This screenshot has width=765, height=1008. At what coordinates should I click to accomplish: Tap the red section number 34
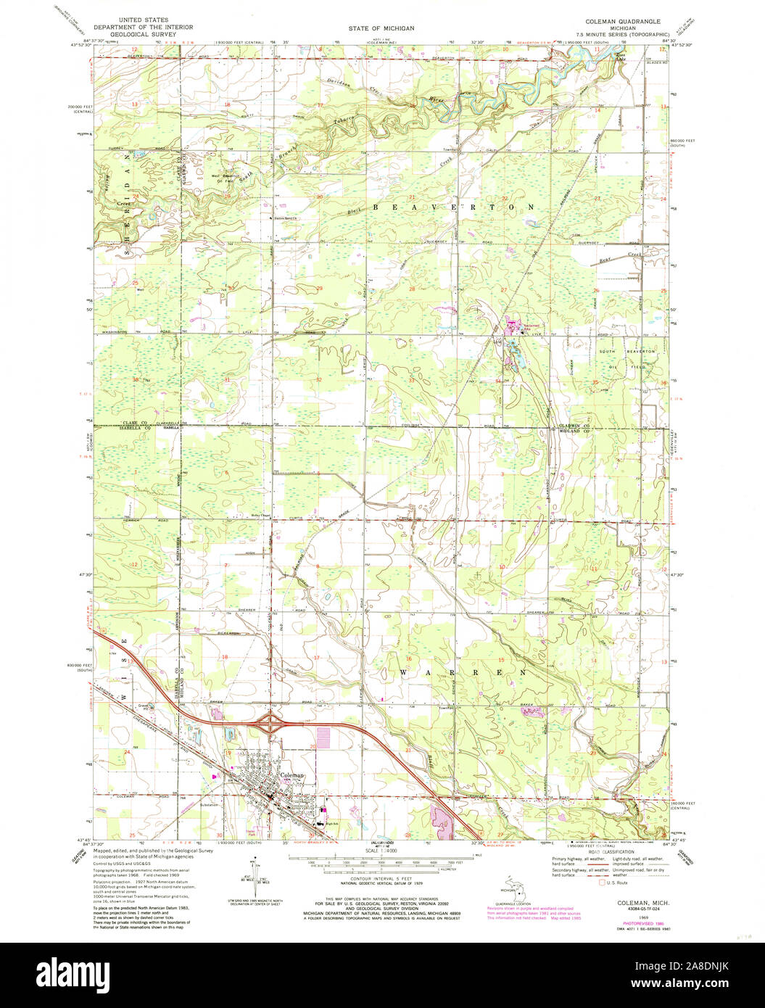coord(498,381)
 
